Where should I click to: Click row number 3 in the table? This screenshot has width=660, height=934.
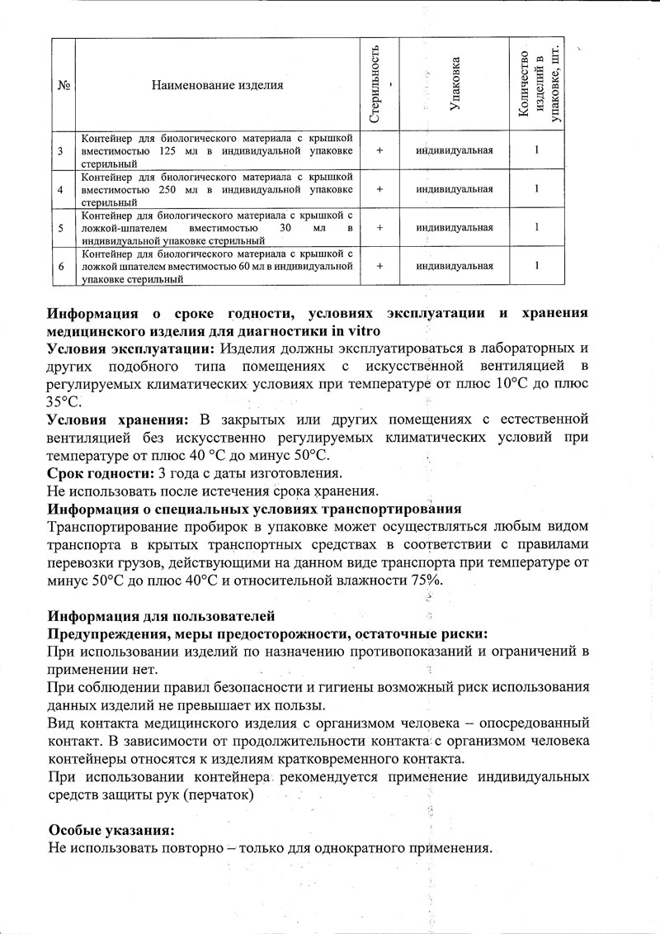pyautogui.click(x=63, y=151)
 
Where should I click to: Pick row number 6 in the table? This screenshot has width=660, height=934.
pyautogui.click(x=63, y=266)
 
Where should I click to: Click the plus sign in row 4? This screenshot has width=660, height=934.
pyautogui.click(x=379, y=188)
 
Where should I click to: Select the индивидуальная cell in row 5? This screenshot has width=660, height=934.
pyautogui.click(x=455, y=227)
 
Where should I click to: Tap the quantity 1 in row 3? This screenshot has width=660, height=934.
pyautogui.click(x=537, y=151)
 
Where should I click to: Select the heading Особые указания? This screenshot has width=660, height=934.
pyautogui.click(x=112, y=830)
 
